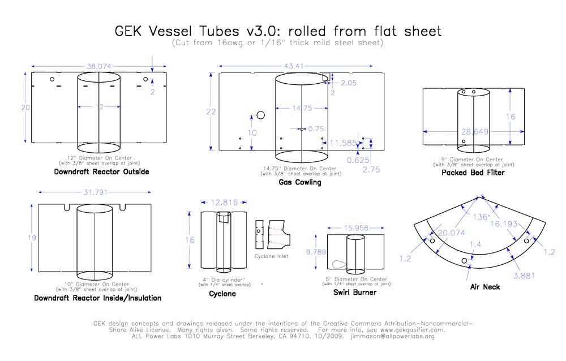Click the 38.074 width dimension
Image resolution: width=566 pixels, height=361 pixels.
[99, 65]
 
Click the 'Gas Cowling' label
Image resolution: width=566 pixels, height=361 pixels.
[299, 182]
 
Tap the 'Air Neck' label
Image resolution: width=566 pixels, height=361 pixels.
[485, 287]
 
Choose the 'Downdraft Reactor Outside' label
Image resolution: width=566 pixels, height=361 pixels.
[101, 171]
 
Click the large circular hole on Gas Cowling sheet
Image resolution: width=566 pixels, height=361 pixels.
[261, 115]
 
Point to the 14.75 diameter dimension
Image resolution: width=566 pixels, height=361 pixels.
[301, 108]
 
